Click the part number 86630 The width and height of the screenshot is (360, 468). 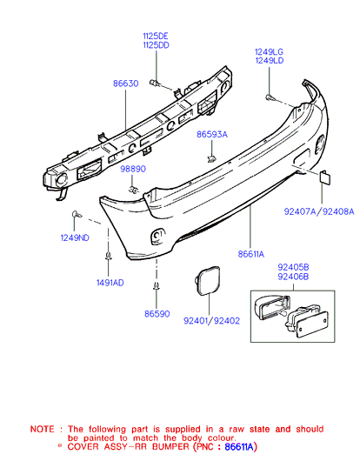click(125, 84)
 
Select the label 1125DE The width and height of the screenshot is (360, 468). click(156, 37)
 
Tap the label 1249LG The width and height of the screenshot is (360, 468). click(269, 51)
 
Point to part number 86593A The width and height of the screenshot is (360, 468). click(212, 134)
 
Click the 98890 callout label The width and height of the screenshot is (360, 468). click(133, 169)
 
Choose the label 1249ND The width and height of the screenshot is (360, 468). click(75, 237)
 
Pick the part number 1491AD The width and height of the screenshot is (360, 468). click(110, 283)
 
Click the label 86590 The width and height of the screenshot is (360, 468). click(157, 314)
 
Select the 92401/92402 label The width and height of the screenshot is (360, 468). click(211, 321)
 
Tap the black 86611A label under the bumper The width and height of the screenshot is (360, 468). click(251, 254)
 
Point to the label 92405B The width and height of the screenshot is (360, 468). click(293, 267)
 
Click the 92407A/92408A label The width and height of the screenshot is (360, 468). click(319, 211)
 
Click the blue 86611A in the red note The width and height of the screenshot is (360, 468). click(239, 447)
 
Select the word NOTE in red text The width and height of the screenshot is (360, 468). click(43, 429)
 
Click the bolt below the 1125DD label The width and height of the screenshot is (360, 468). click(155, 83)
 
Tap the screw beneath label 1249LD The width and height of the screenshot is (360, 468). click(270, 97)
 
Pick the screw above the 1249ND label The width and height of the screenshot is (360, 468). click(77, 214)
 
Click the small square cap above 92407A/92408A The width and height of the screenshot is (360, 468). click(325, 177)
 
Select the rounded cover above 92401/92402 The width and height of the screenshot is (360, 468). click(208, 280)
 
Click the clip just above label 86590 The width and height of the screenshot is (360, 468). click(157, 286)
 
